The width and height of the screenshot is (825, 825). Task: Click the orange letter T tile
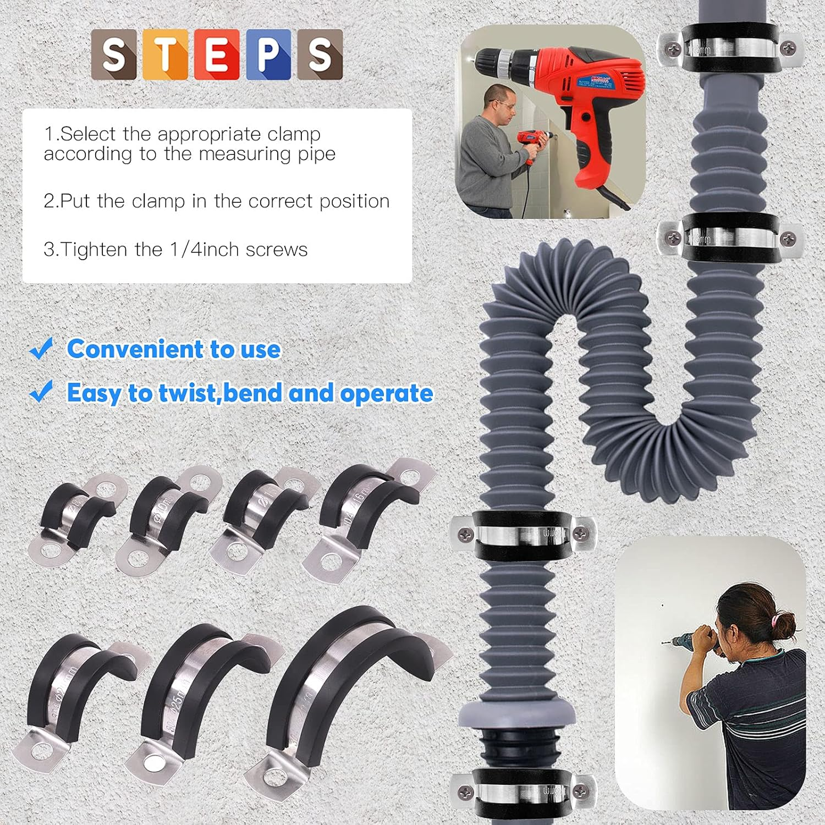pyautogui.click(x=164, y=54)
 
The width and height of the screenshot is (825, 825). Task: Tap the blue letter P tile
pyautogui.click(x=268, y=54)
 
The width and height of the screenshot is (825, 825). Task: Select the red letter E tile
pyautogui.click(x=217, y=54)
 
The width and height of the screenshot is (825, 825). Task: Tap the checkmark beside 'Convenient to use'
pyautogui.click(x=41, y=349)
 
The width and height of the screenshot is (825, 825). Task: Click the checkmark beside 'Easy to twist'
pyautogui.click(x=41, y=392)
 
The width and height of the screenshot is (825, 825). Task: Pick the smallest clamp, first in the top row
pyautogui.click(x=77, y=520)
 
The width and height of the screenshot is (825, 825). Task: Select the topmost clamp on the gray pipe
pyautogui.click(x=729, y=48)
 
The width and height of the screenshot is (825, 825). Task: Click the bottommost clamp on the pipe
pyautogui.click(x=522, y=792)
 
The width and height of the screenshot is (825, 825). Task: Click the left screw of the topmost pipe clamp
pyautogui.click(x=672, y=50)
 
